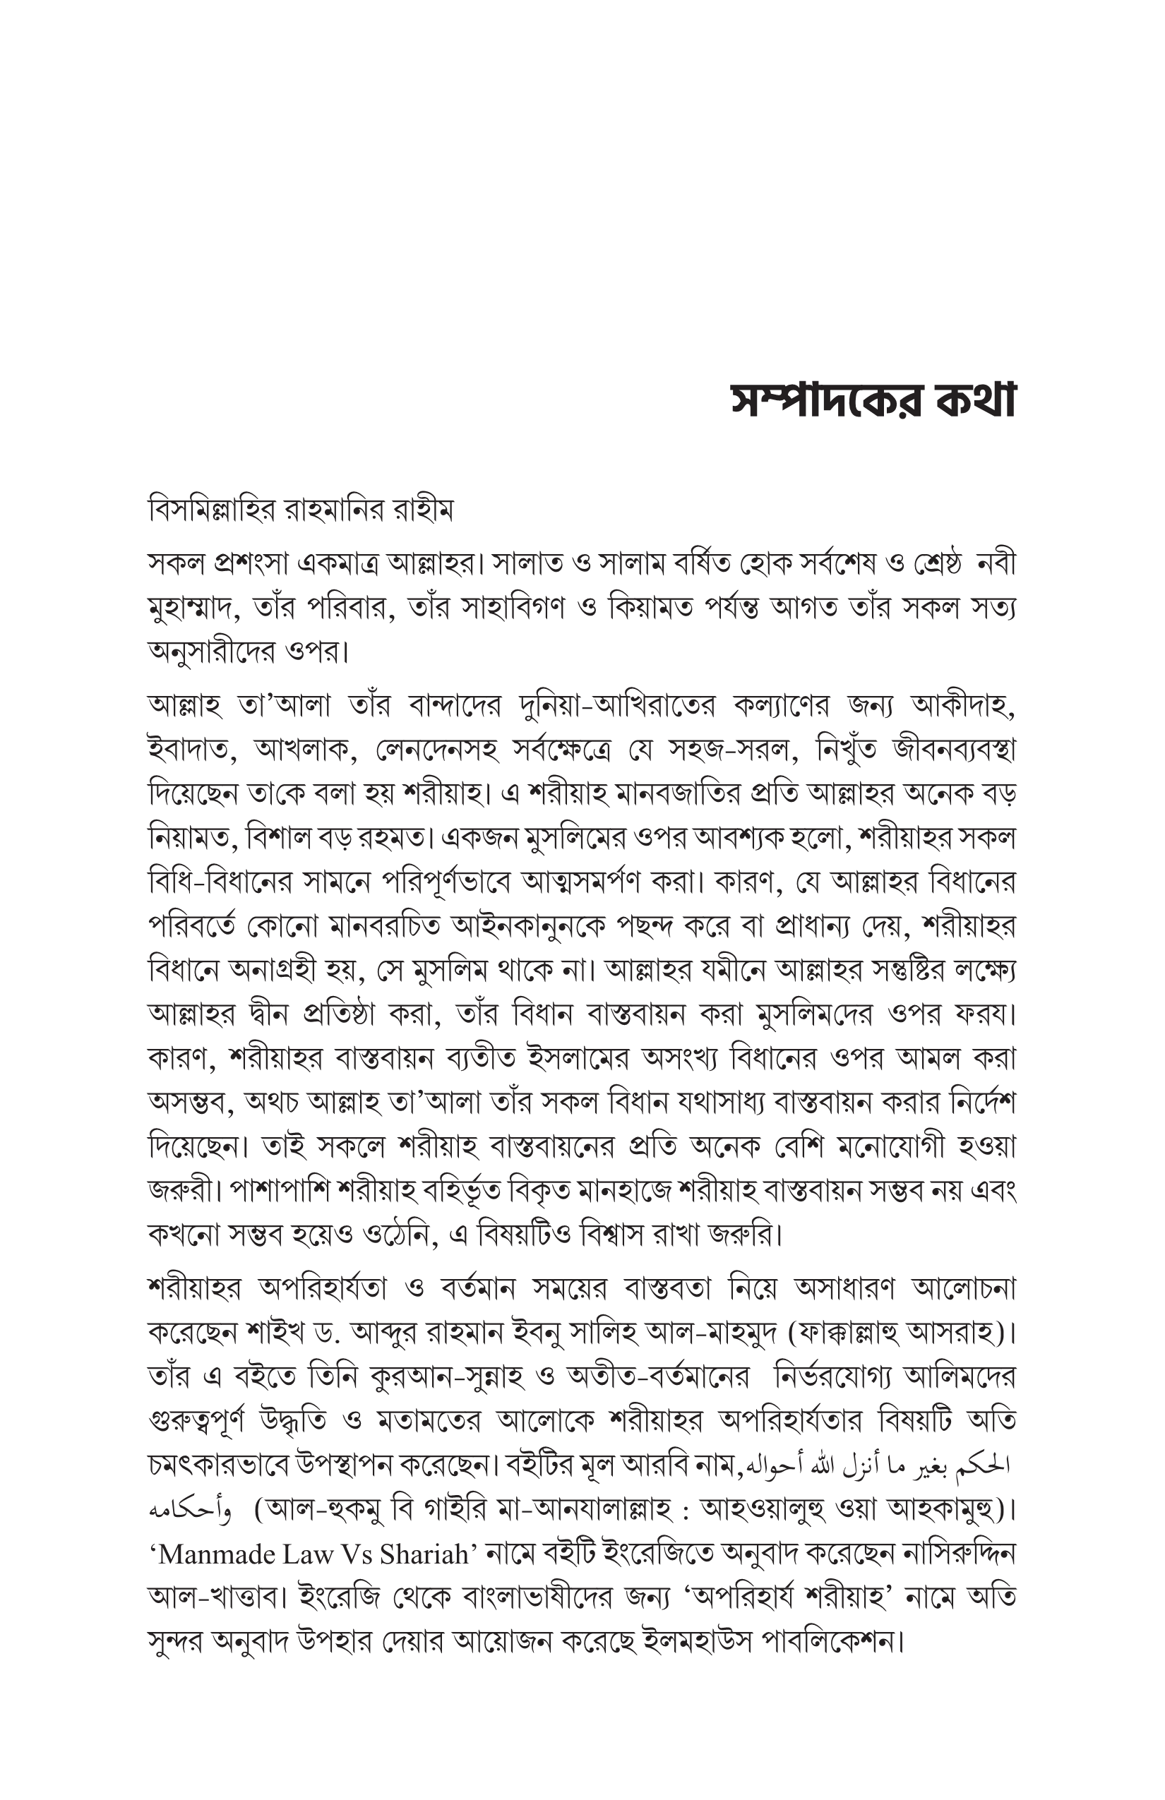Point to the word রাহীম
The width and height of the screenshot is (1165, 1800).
point(425,512)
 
